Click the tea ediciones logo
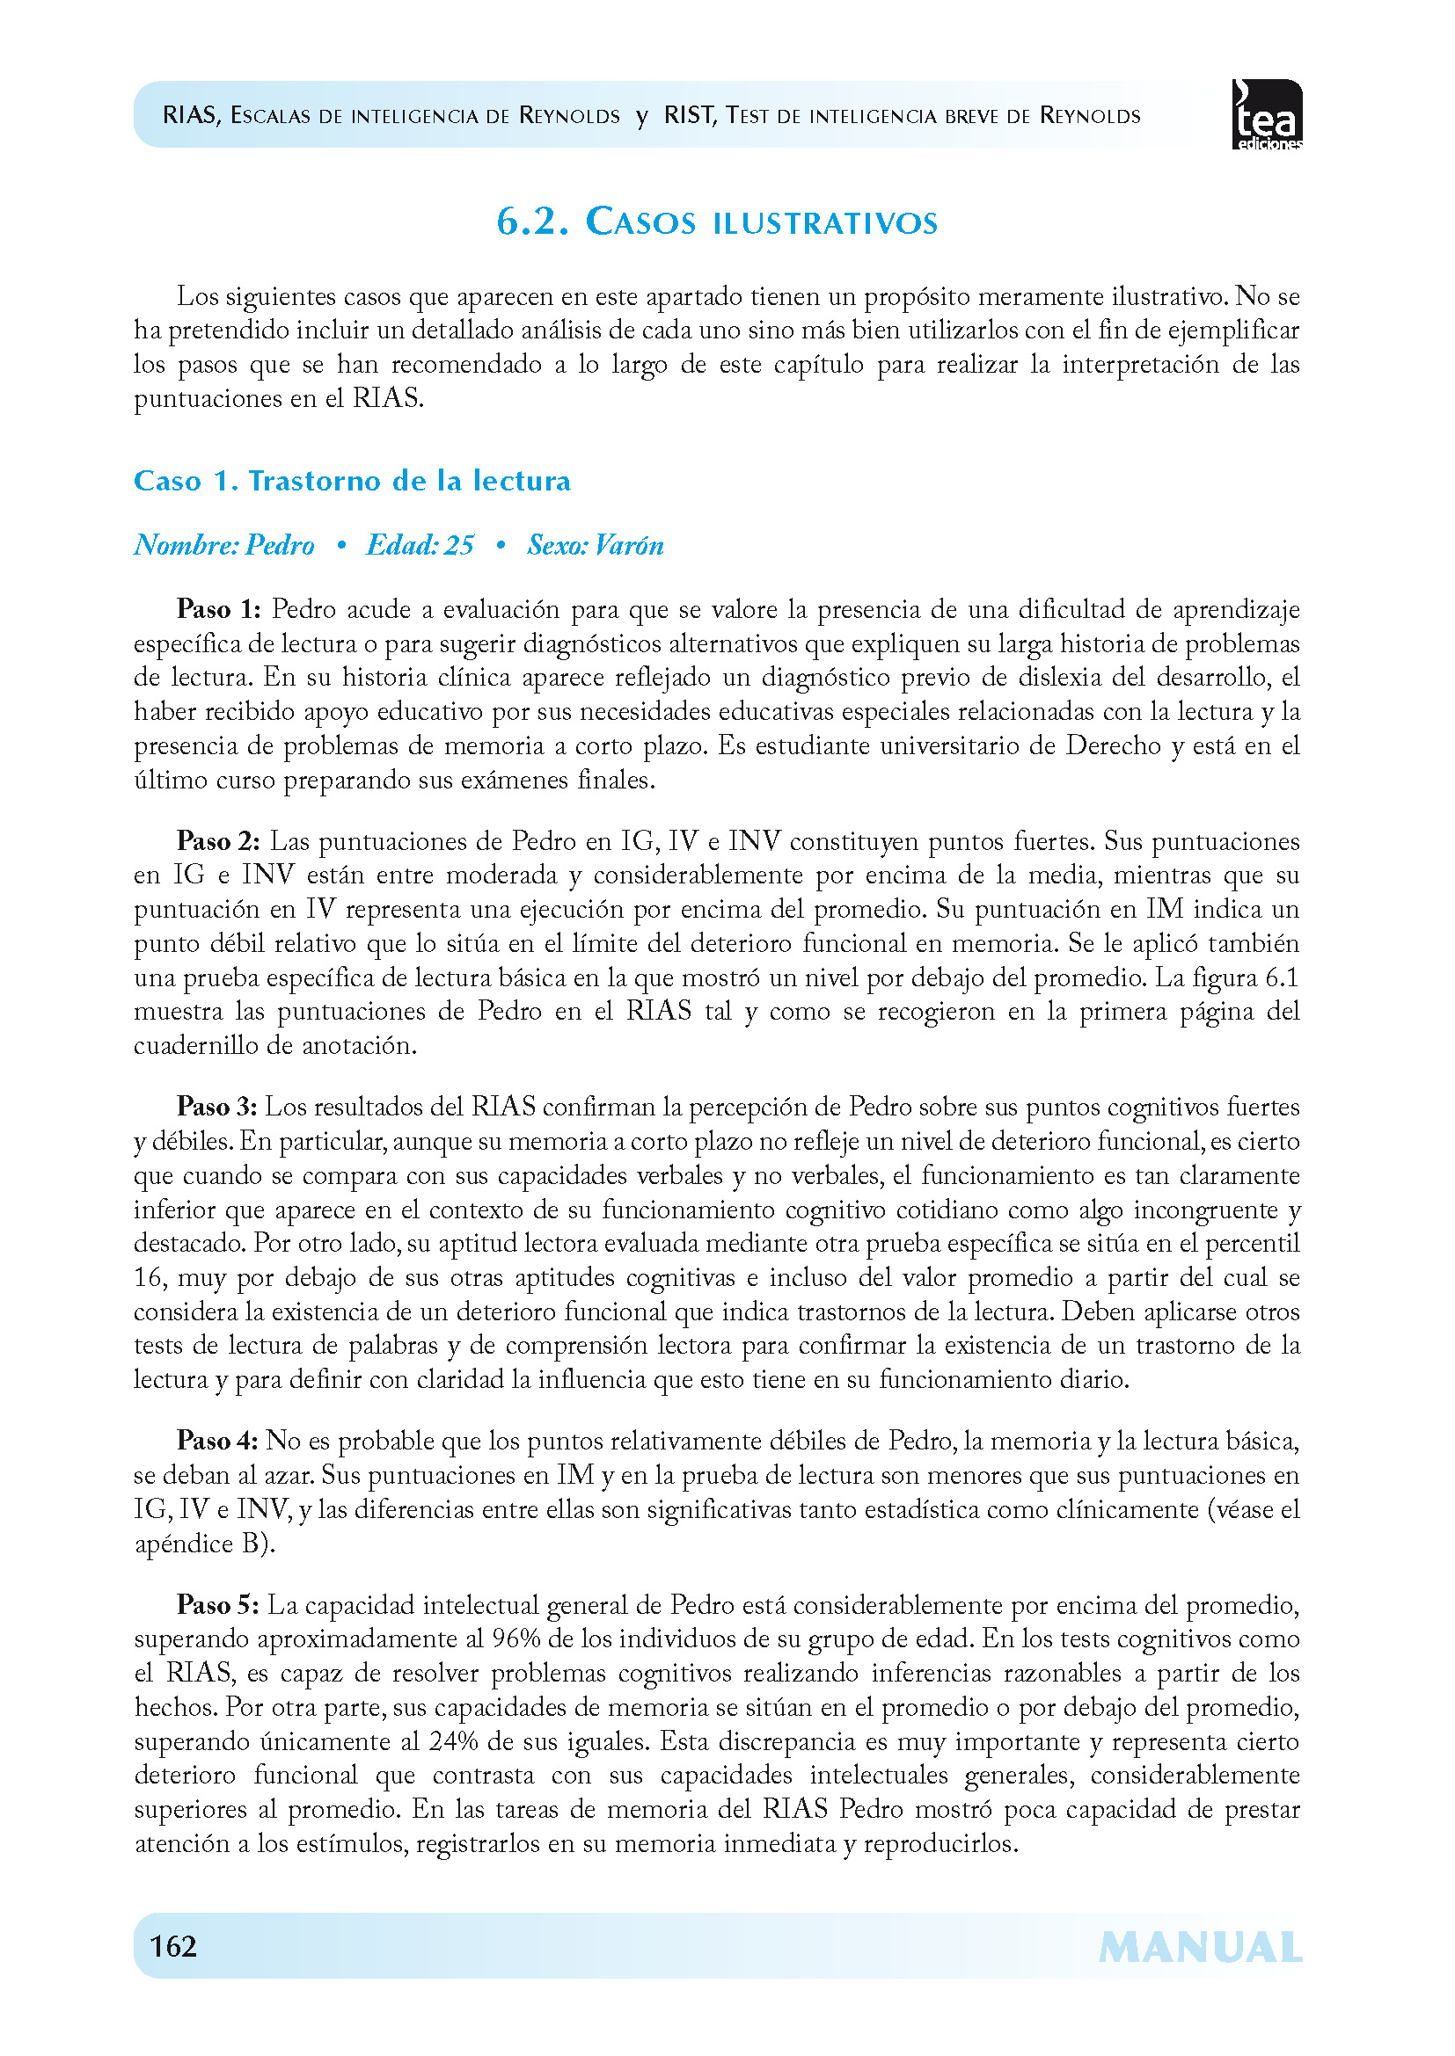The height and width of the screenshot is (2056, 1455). tap(1267, 114)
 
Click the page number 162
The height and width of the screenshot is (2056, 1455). tap(173, 1946)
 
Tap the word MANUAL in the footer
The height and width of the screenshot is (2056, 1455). tap(1200, 1948)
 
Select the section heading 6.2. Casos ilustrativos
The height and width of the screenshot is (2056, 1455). tap(717, 222)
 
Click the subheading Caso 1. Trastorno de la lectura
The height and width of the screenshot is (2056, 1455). tap(352, 481)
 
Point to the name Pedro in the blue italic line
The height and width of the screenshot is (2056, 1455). tap(280, 545)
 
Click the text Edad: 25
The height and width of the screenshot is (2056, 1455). tap(420, 545)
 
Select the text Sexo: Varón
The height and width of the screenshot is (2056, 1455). tap(596, 545)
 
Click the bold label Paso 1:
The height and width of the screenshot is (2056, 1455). tap(219, 610)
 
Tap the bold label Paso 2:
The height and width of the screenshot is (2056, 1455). tap(219, 841)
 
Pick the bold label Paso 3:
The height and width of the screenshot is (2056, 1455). tap(216, 1107)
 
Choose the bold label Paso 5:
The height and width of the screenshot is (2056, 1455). tap(217, 1605)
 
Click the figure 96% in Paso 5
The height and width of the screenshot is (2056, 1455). tap(512, 1638)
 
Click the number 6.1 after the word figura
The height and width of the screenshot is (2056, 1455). tap(1281, 977)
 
